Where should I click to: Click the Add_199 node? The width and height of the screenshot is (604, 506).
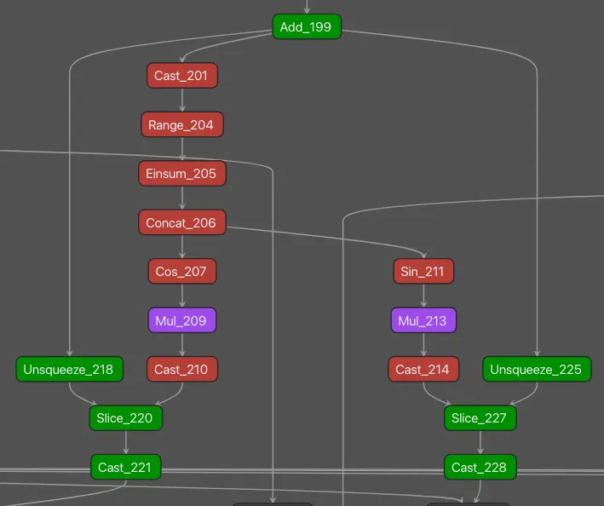pyautogui.click(x=307, y=27)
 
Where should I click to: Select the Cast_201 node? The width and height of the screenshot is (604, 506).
pyautogui.click(x=181, y=76)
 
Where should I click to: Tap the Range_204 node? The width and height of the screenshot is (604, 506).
pyautogui.click(x=181, y=125)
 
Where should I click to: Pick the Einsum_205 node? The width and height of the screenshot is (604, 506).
pyautogui.click(x=181, y=174)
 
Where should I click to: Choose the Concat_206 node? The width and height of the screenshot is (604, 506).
pyautogui.click(x=181, y=223)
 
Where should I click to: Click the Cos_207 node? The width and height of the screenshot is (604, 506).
pyautogui.click(x=181, y=272)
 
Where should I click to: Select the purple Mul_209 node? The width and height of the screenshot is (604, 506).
pyautogui.click(x=181, y=321)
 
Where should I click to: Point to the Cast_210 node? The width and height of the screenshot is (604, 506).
pyautogui.click(x=181, y=370)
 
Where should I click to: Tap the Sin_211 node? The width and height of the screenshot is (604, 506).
pyautogui.click(x=423, y=272)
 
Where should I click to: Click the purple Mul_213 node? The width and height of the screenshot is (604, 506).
pyautogui.click(x=423, y=321)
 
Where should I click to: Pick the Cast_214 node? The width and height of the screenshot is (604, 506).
pyautogui.click(x=423, y=370)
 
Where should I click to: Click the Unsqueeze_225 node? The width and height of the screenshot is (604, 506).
pyautogui.click(x=537, y=370)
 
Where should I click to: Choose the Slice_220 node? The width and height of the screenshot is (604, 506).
pyautogui.click(x=125, y=418)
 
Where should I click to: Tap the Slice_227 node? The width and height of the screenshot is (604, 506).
pyautogui.click(x=480, y=418)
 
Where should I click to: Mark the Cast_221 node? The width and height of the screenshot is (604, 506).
pyautogui.click(x=125, y=468)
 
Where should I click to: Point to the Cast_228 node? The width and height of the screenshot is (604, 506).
pyautogui.click(x=480, y=468)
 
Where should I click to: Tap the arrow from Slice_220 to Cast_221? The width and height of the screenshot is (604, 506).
pyautogui.click(x=125, y=443)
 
